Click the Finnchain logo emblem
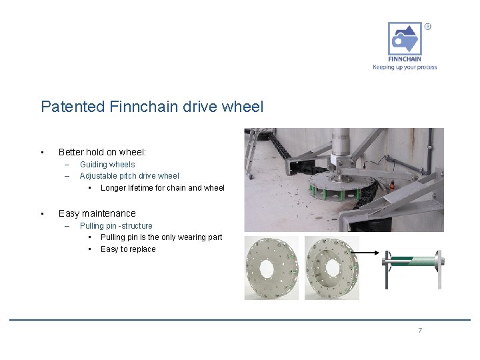click(405, 39)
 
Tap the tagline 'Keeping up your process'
click(405, 67)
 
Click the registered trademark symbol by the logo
click(427, 27)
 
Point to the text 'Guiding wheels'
click(107, 165)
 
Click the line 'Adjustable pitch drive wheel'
click(129, 176)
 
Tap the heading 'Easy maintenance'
click(97, 213)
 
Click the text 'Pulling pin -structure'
click(116, 226)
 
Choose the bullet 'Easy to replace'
click(128, 249)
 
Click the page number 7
click(420, 331)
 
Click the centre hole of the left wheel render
click(266, 269)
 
